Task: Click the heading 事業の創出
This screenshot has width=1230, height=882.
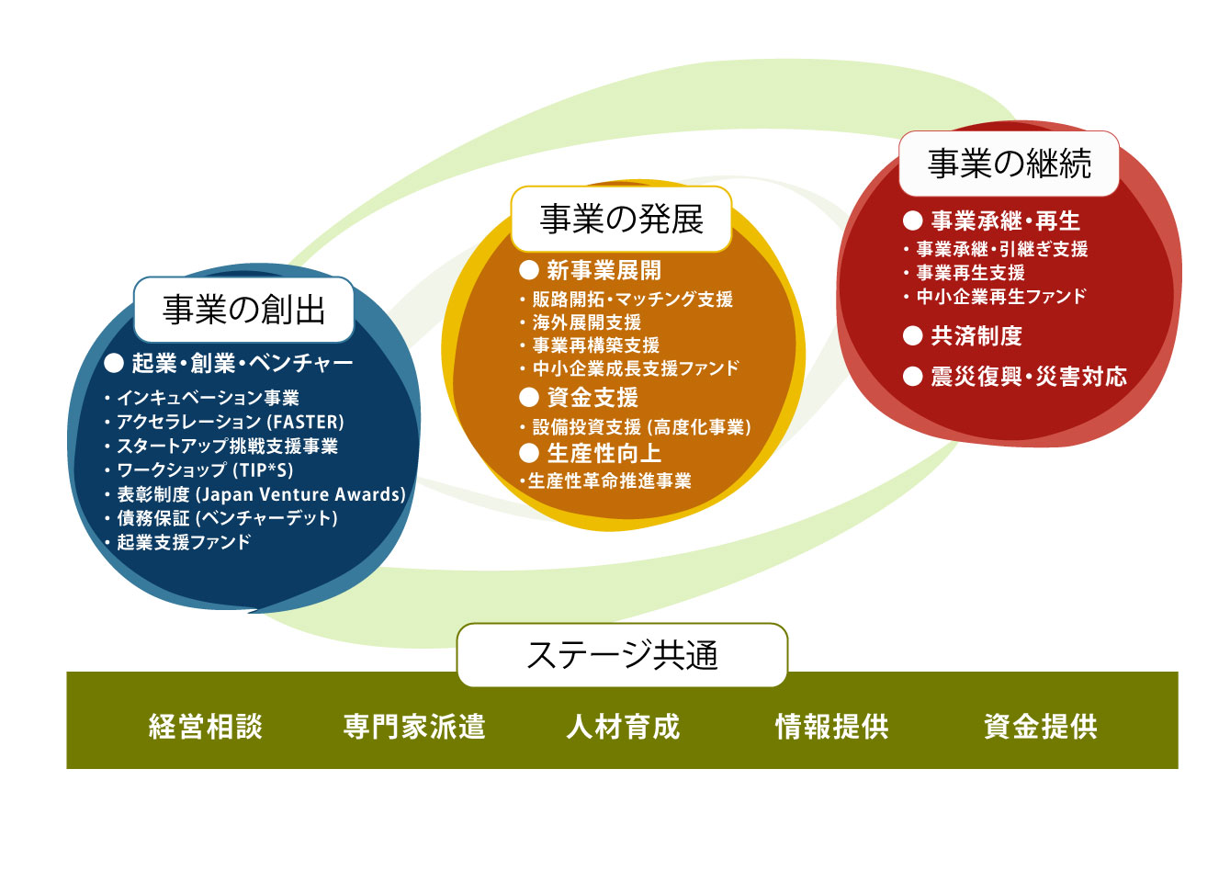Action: coord(243,311)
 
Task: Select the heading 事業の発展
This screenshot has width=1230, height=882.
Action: coord(621,220)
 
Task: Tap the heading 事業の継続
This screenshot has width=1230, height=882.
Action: coord(1009,164)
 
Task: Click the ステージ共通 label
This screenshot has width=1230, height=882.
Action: coord(622,655)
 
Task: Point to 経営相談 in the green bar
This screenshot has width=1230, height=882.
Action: coord(206,727)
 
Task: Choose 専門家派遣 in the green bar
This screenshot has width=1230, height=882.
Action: coord(414,727)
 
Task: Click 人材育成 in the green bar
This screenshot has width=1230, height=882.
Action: coord(623,727)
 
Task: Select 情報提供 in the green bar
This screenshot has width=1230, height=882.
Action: coord(831,727)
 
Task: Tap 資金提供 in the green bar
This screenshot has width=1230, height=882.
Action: coord(1040,727)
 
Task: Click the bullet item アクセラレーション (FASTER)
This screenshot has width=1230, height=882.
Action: coord(230,423)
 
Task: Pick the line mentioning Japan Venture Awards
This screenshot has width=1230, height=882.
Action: coord(261,494)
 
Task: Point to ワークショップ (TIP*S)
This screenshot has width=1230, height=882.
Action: coord(205,470)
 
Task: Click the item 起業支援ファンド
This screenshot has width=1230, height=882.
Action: coord(184,542)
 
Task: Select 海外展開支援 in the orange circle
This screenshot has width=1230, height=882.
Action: coord(586,322)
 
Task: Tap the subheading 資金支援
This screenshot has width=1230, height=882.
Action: coord(592,398)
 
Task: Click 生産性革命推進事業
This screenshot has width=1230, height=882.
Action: coord(609,481)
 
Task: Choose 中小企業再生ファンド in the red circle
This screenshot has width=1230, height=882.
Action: coord(1000,297)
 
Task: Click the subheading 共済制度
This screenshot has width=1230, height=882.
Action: coord(976,336)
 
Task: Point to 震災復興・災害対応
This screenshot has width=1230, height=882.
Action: coord(1028,377)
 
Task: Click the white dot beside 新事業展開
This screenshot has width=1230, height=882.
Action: coord(528,270)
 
